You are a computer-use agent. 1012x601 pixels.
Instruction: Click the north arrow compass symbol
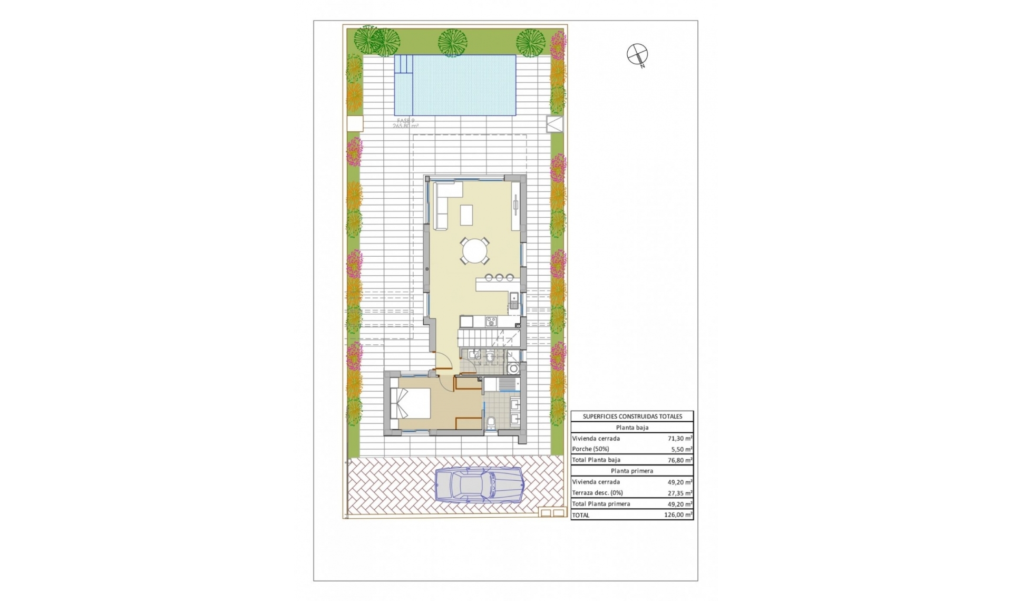tap(637, 54)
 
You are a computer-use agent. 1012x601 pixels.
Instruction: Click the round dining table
tap(475, 250)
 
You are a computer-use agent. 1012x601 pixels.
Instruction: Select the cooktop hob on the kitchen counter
tap(491, 321)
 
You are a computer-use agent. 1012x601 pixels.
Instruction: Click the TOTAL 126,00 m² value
tap(678, 515)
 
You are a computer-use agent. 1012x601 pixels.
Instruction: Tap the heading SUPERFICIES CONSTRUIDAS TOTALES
tap(632, 416)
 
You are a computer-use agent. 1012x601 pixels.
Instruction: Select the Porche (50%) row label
tap(590, 449)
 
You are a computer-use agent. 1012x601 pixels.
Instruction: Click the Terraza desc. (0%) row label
tap(597, 493)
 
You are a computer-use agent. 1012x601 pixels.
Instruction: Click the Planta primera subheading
tap(632, 471)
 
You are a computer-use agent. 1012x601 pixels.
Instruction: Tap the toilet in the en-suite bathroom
tap(491, 423)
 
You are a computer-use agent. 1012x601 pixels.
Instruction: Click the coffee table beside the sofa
tap(467, 215)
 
